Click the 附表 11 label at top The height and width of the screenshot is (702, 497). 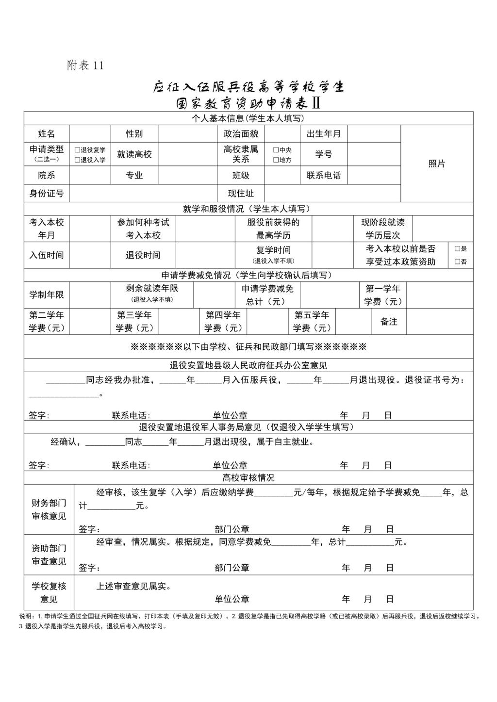[85, 65]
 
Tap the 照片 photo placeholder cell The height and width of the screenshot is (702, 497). [436, 164]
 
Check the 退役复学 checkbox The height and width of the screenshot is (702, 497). [77, 150]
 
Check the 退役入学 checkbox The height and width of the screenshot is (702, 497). [77, 160]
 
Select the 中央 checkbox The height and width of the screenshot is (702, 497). [276, 150]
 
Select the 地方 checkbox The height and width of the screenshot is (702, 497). [276, 160]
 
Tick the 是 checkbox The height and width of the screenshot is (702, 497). [457, 248]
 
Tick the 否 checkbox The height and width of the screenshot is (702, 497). [457, 261]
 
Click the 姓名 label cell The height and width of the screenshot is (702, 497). [47, 133]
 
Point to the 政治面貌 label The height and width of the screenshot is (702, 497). [241, 133]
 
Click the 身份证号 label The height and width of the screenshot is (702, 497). [47, 193]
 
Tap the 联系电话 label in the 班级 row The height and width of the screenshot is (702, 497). [324, 175]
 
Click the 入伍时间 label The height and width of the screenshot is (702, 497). [47, 255]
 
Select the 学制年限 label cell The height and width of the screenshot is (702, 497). [47, 294]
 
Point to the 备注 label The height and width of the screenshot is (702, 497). [389, 322]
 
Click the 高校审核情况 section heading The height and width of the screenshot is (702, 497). [248, 477]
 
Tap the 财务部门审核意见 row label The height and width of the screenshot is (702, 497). [49, 509]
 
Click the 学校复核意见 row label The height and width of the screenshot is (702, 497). [49, 592]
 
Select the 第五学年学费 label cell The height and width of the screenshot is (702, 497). [312, 322]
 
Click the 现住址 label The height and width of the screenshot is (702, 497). [241, 193]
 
